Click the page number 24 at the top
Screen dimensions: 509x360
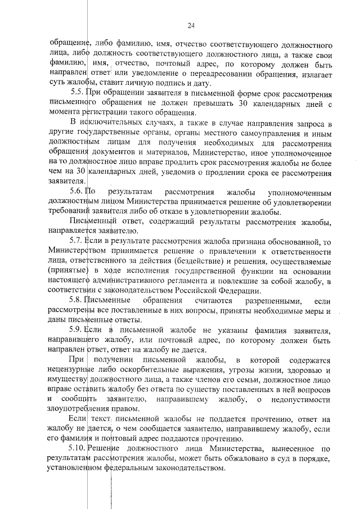pyautogui.click(x=191, y=25)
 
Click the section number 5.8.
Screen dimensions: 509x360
pyautogui.click(x=76, y=300)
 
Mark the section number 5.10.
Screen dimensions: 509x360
pyautogui.click(x=78, y=448)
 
